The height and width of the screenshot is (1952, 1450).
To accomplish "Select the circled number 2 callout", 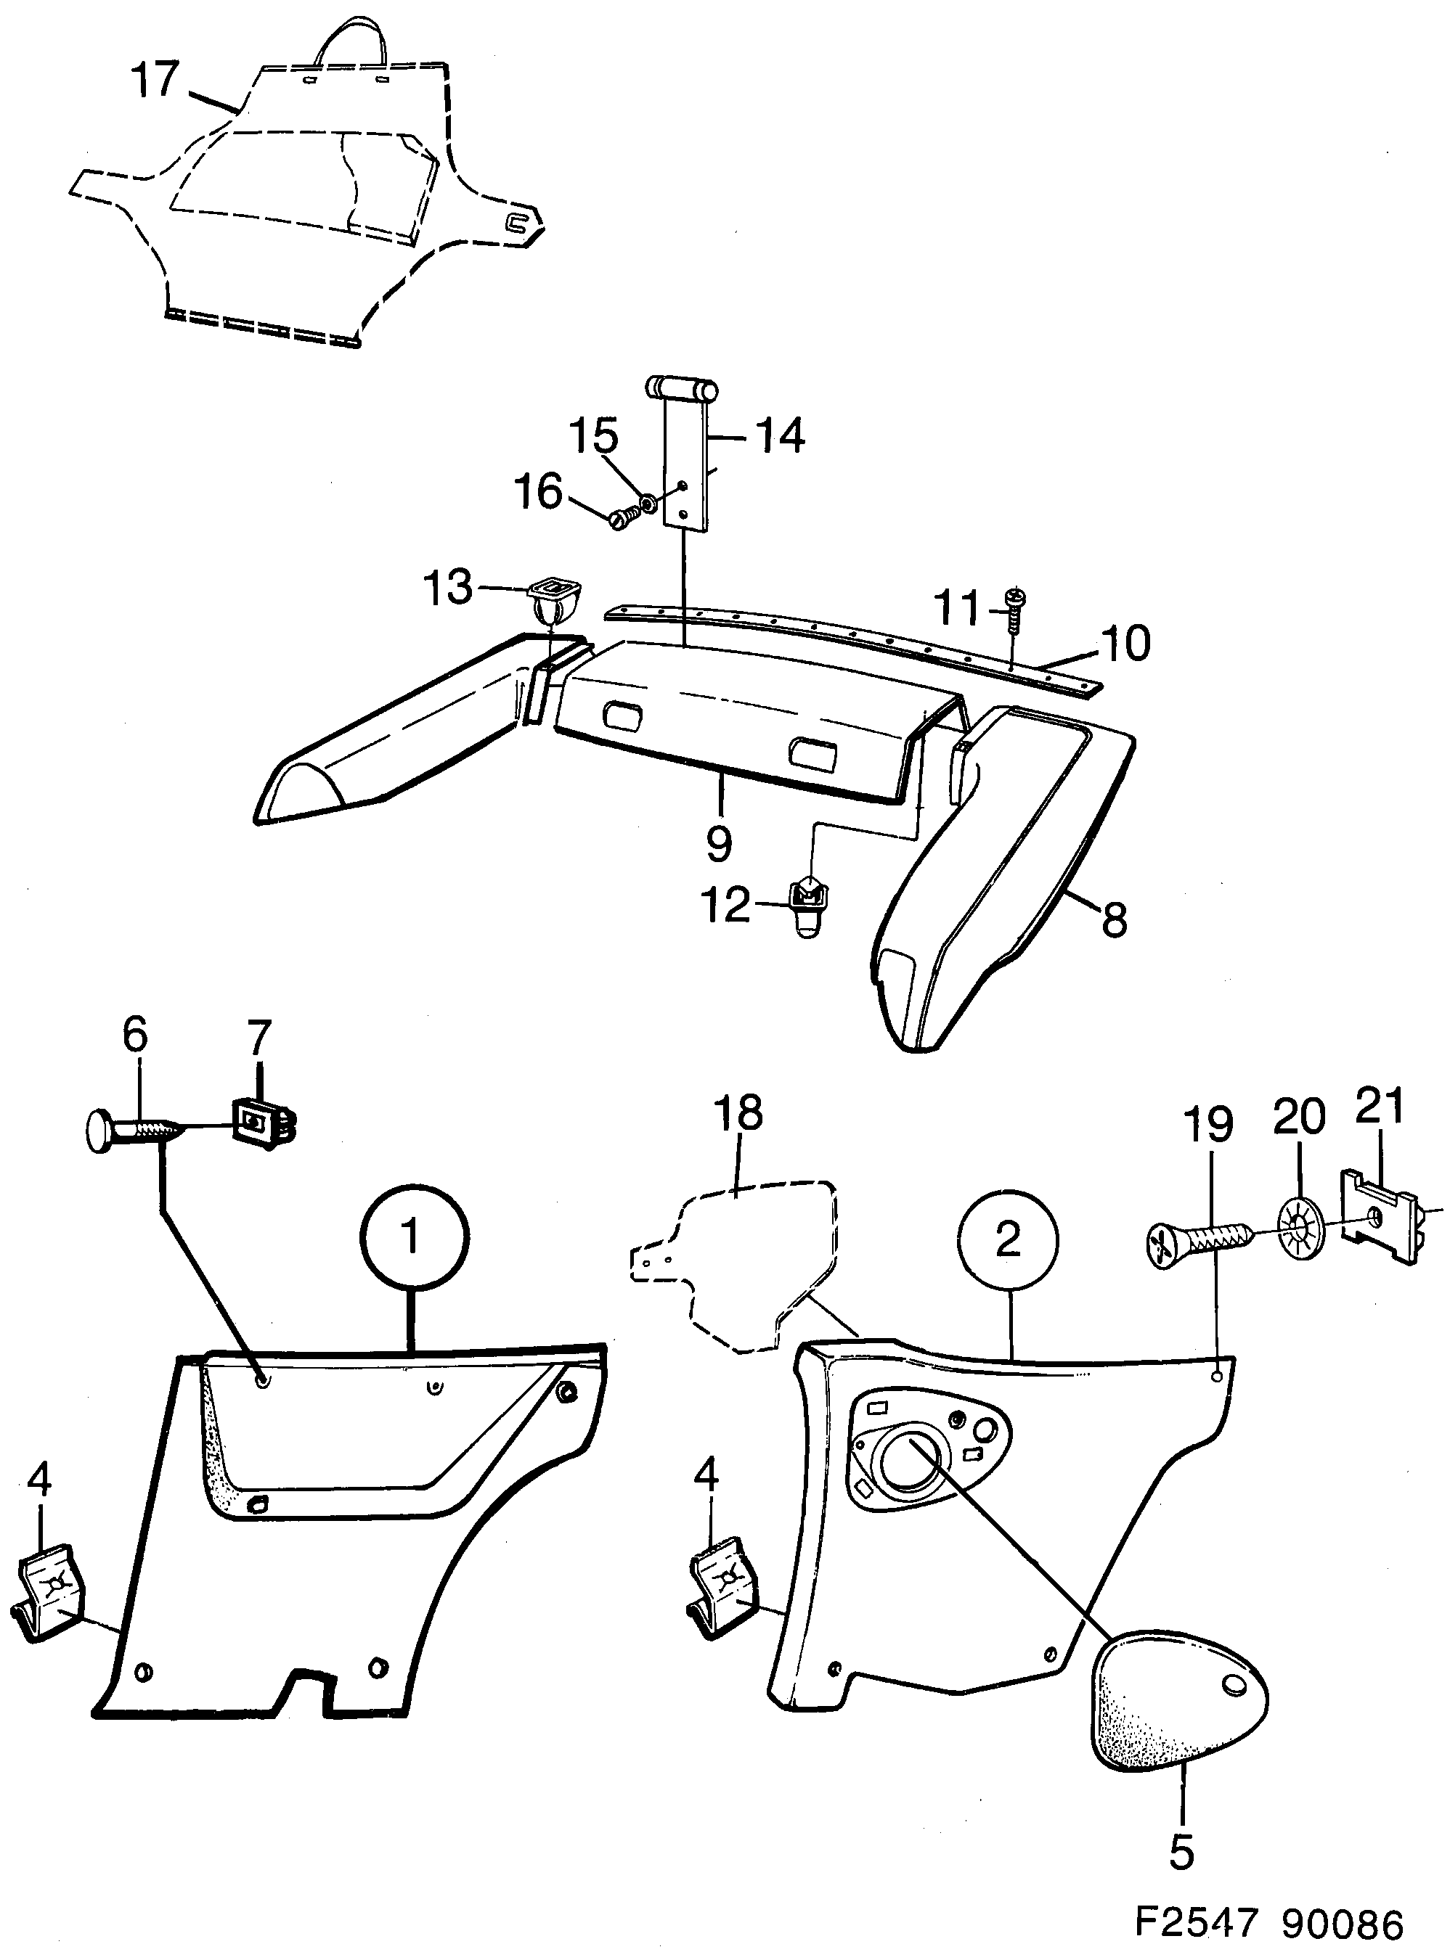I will point(1008,1242).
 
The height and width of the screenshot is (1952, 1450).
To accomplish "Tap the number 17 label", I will point(155,80).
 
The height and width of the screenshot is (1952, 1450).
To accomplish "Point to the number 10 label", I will point(1125,643).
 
